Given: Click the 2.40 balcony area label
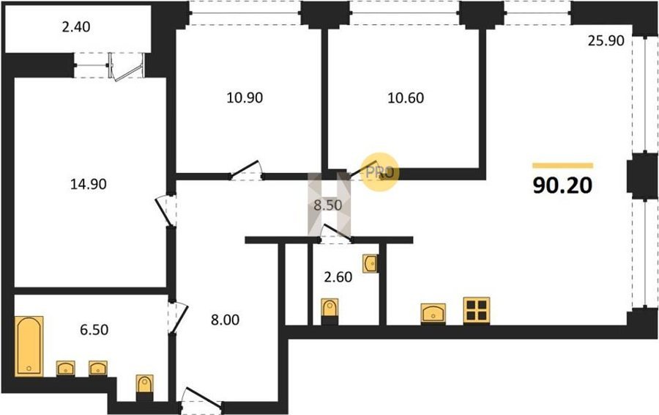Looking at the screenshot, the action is (76, 27).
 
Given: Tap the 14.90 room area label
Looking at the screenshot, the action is (89, 184).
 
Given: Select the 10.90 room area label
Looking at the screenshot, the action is (245, 98).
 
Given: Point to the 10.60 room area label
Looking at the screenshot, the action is (406, 98).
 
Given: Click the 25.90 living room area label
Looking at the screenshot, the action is (606, 41).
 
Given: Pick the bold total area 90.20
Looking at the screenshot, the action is (563, 186).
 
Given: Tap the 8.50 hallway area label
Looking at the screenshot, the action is (328, 205).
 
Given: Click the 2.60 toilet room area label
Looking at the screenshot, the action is (338, 277).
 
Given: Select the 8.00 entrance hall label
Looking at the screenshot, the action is (226, 320).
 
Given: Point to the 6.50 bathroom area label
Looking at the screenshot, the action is (94, 329).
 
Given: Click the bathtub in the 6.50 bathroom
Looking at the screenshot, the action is (29, 346).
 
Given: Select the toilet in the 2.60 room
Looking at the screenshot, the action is (329, 311).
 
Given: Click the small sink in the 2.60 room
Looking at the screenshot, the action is (371, 263).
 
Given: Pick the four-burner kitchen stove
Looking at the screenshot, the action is (477, 311).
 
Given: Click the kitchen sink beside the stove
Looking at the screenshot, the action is (433, 314).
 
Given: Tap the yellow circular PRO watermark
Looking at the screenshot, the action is (380, 172).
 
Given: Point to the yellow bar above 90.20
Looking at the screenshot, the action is (563, 166).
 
